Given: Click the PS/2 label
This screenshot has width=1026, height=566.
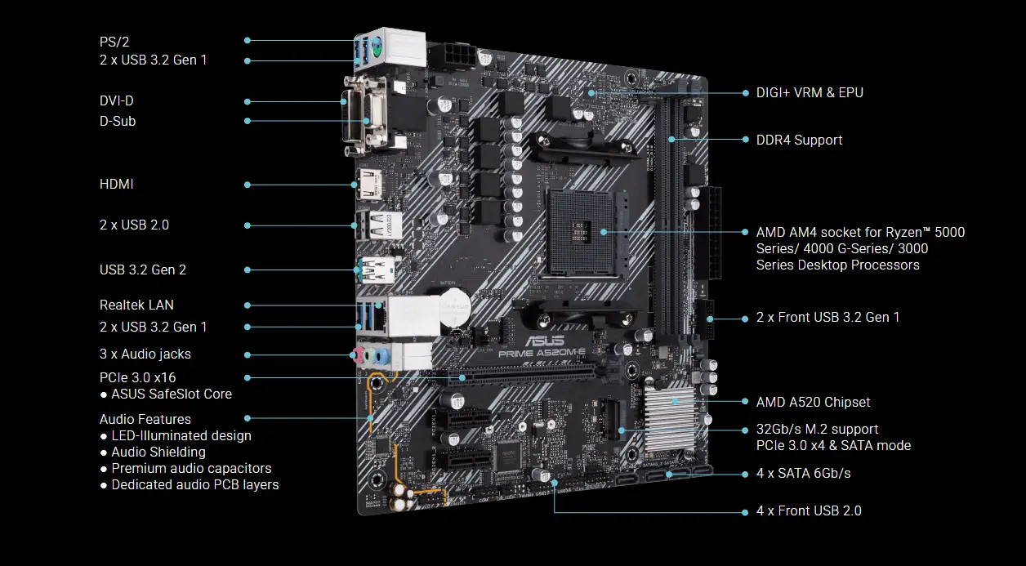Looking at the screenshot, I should point(114,41).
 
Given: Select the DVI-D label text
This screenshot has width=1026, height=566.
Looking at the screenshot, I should point(116,101).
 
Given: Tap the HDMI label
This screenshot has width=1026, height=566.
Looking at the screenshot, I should point(116,185).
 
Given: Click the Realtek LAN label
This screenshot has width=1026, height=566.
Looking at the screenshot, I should point(136,305).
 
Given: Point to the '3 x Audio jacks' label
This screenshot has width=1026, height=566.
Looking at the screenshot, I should point(145,354).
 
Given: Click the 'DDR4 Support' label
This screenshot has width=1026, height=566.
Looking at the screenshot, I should point(799,140).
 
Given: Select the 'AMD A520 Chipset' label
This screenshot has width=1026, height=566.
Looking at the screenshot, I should point(813,403).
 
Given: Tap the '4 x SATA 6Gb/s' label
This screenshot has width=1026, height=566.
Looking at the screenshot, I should point(804,474).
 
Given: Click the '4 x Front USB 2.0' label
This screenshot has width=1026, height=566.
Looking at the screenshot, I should point(809,511).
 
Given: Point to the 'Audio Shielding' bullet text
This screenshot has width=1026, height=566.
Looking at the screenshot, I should point(158,452).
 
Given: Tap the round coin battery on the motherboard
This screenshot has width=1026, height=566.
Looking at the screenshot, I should point(452,308).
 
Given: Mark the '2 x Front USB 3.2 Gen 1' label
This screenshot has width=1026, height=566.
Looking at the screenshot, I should point(827,318).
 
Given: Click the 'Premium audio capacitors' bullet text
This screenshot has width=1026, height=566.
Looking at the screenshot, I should point(191,469).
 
